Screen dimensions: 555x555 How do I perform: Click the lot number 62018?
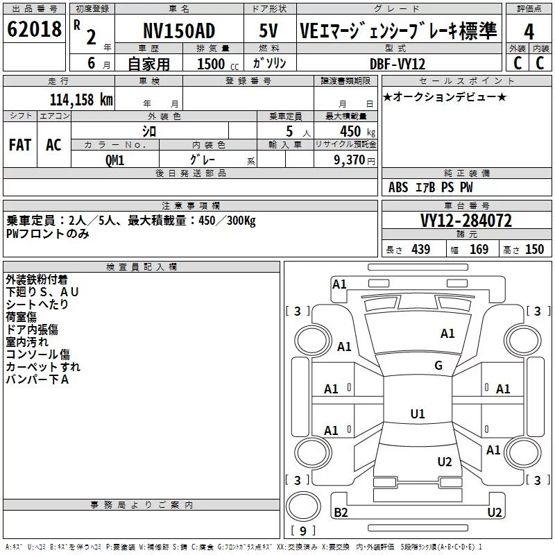tap(34, 29)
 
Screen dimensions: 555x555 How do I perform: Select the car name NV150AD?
tap(179, 31)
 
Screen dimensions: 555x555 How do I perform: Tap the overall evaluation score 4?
tap(529, 31)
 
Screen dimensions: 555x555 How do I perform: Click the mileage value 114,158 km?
tap(81, 100)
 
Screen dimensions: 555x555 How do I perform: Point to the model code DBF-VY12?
tap(398, 64)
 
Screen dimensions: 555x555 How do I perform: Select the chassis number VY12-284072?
tap(466, 221)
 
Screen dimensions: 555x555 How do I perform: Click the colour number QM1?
tap(114, 160)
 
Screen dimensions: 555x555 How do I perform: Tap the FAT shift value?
tap(20, 145)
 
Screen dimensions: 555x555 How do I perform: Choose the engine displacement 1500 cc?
tap(218, 64)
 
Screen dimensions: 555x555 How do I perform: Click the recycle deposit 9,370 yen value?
tap(355, 160)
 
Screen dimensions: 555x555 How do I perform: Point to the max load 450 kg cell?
tap(357, 132)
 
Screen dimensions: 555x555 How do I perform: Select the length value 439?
tap(421, 249)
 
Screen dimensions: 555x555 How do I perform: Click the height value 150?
tap(534, 249)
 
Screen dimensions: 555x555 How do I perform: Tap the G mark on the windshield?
tap(438, 366)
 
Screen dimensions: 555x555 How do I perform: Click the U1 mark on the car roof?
tap(418, 413)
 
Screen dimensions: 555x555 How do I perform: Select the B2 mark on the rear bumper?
tap(341, 512)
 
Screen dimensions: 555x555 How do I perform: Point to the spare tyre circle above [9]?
tap(303, 506)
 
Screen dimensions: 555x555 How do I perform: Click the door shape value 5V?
tap(268, 31)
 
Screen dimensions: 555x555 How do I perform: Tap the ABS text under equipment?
tap(398, 187)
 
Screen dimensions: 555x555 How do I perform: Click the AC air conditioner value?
tap(54, 145)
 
